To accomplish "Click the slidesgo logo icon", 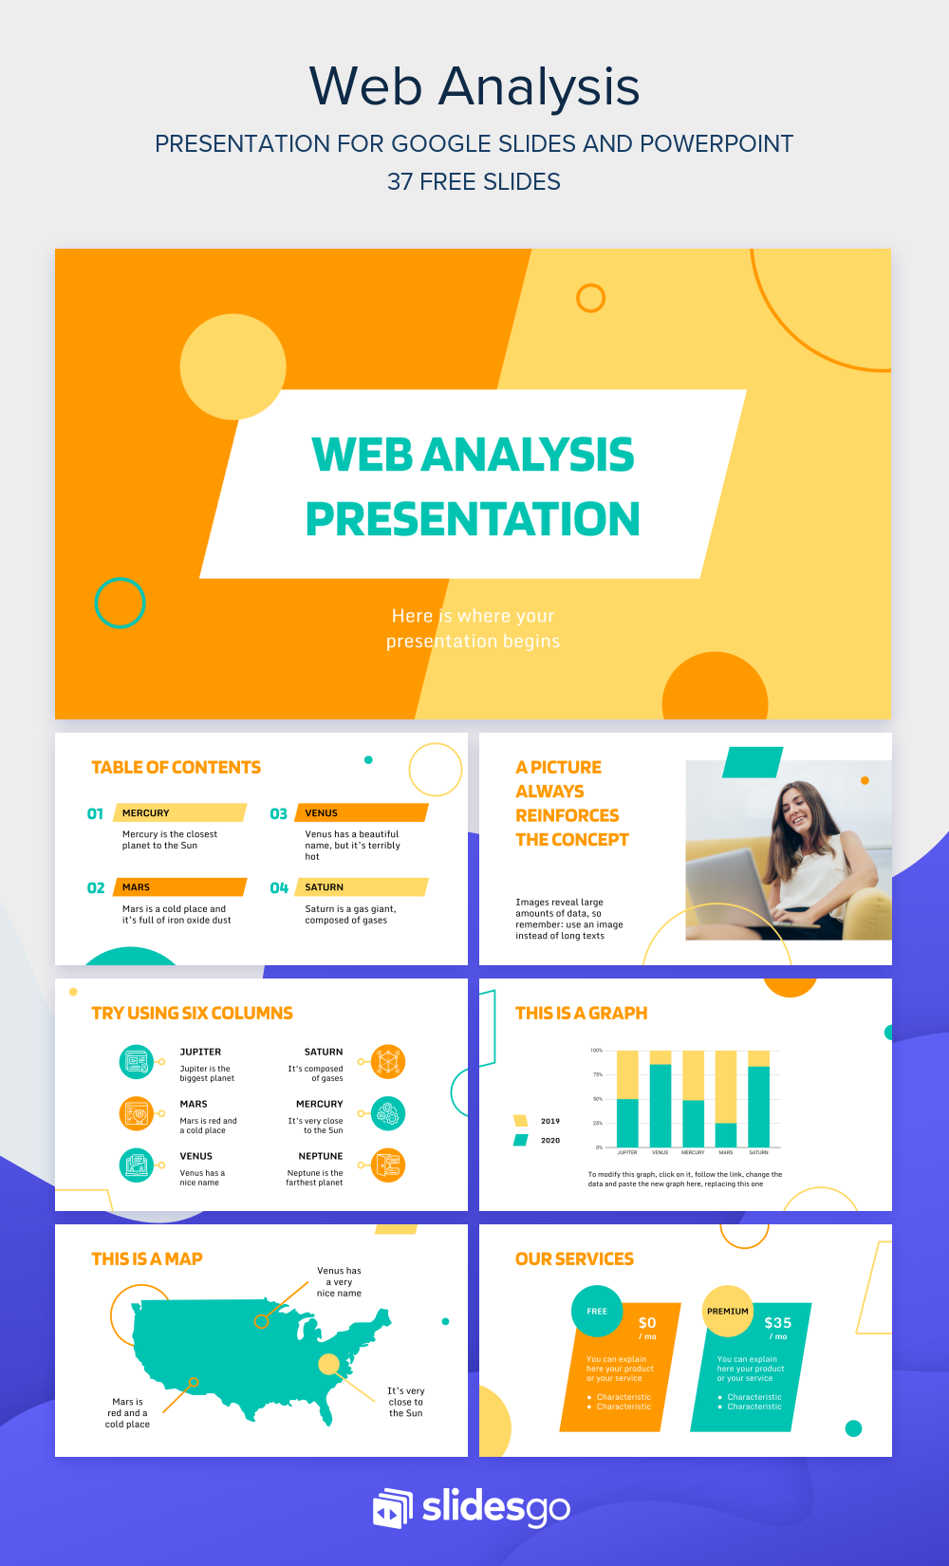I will click(393, 1507).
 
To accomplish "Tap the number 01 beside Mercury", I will click(95, 813).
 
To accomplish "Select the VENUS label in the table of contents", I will click(322, 813).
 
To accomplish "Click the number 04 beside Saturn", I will click(278, 887).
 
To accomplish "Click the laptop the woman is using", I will click(738, 886).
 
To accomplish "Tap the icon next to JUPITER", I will click(137, 1061).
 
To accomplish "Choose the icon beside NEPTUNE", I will click(388, 1165).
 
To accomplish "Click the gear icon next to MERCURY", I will click(388, 1113).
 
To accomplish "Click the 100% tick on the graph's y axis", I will click(596, 1051).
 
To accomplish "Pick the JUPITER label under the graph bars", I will click(627, 1152).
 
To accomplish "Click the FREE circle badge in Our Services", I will click(597, 1312).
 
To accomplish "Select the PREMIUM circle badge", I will click(727, 1312).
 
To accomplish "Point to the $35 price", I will click(777, 1323).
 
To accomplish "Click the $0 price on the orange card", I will click(647, 1323).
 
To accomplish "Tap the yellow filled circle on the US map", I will click(328, 1364).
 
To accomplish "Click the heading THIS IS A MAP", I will click(147, 1258).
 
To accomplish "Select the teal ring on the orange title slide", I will click(120, 603).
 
